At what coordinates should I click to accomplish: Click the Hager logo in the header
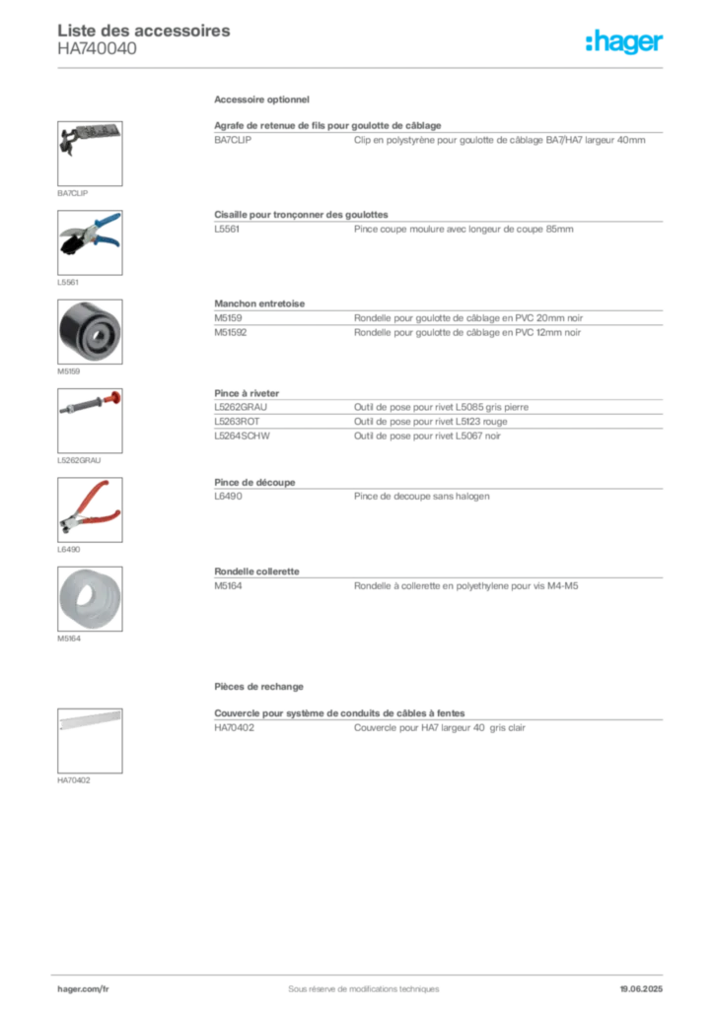tap(623, 41)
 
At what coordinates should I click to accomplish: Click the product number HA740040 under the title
tap(97, 49)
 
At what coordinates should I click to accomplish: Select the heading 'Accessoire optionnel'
tap(261, 100)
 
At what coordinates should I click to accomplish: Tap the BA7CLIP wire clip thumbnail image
tap(90, 154)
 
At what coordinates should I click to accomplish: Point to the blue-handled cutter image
tap(90, 242)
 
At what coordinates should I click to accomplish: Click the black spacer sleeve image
tap(90, 331)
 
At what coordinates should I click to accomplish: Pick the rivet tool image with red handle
tap(90, 420)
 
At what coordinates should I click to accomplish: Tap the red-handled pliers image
tap(90, 509)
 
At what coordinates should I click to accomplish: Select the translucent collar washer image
tap(90, 598)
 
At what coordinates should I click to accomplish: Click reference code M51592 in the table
tap(231, 333)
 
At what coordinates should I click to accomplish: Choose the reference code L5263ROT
tap(237, 422)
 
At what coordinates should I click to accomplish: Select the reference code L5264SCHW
tap(242, 436)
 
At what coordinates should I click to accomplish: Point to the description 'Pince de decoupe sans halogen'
tap(422, 497)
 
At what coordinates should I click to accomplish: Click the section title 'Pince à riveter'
tap(247, 393)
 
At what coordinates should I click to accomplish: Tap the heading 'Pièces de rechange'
tap(258, 687)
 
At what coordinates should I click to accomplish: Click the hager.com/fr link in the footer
tap(83, 989)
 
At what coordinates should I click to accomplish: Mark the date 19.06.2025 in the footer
tap(641, 989)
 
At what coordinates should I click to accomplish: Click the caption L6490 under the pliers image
tap(69, 550)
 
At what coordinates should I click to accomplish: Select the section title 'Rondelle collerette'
tap(256, 572)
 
